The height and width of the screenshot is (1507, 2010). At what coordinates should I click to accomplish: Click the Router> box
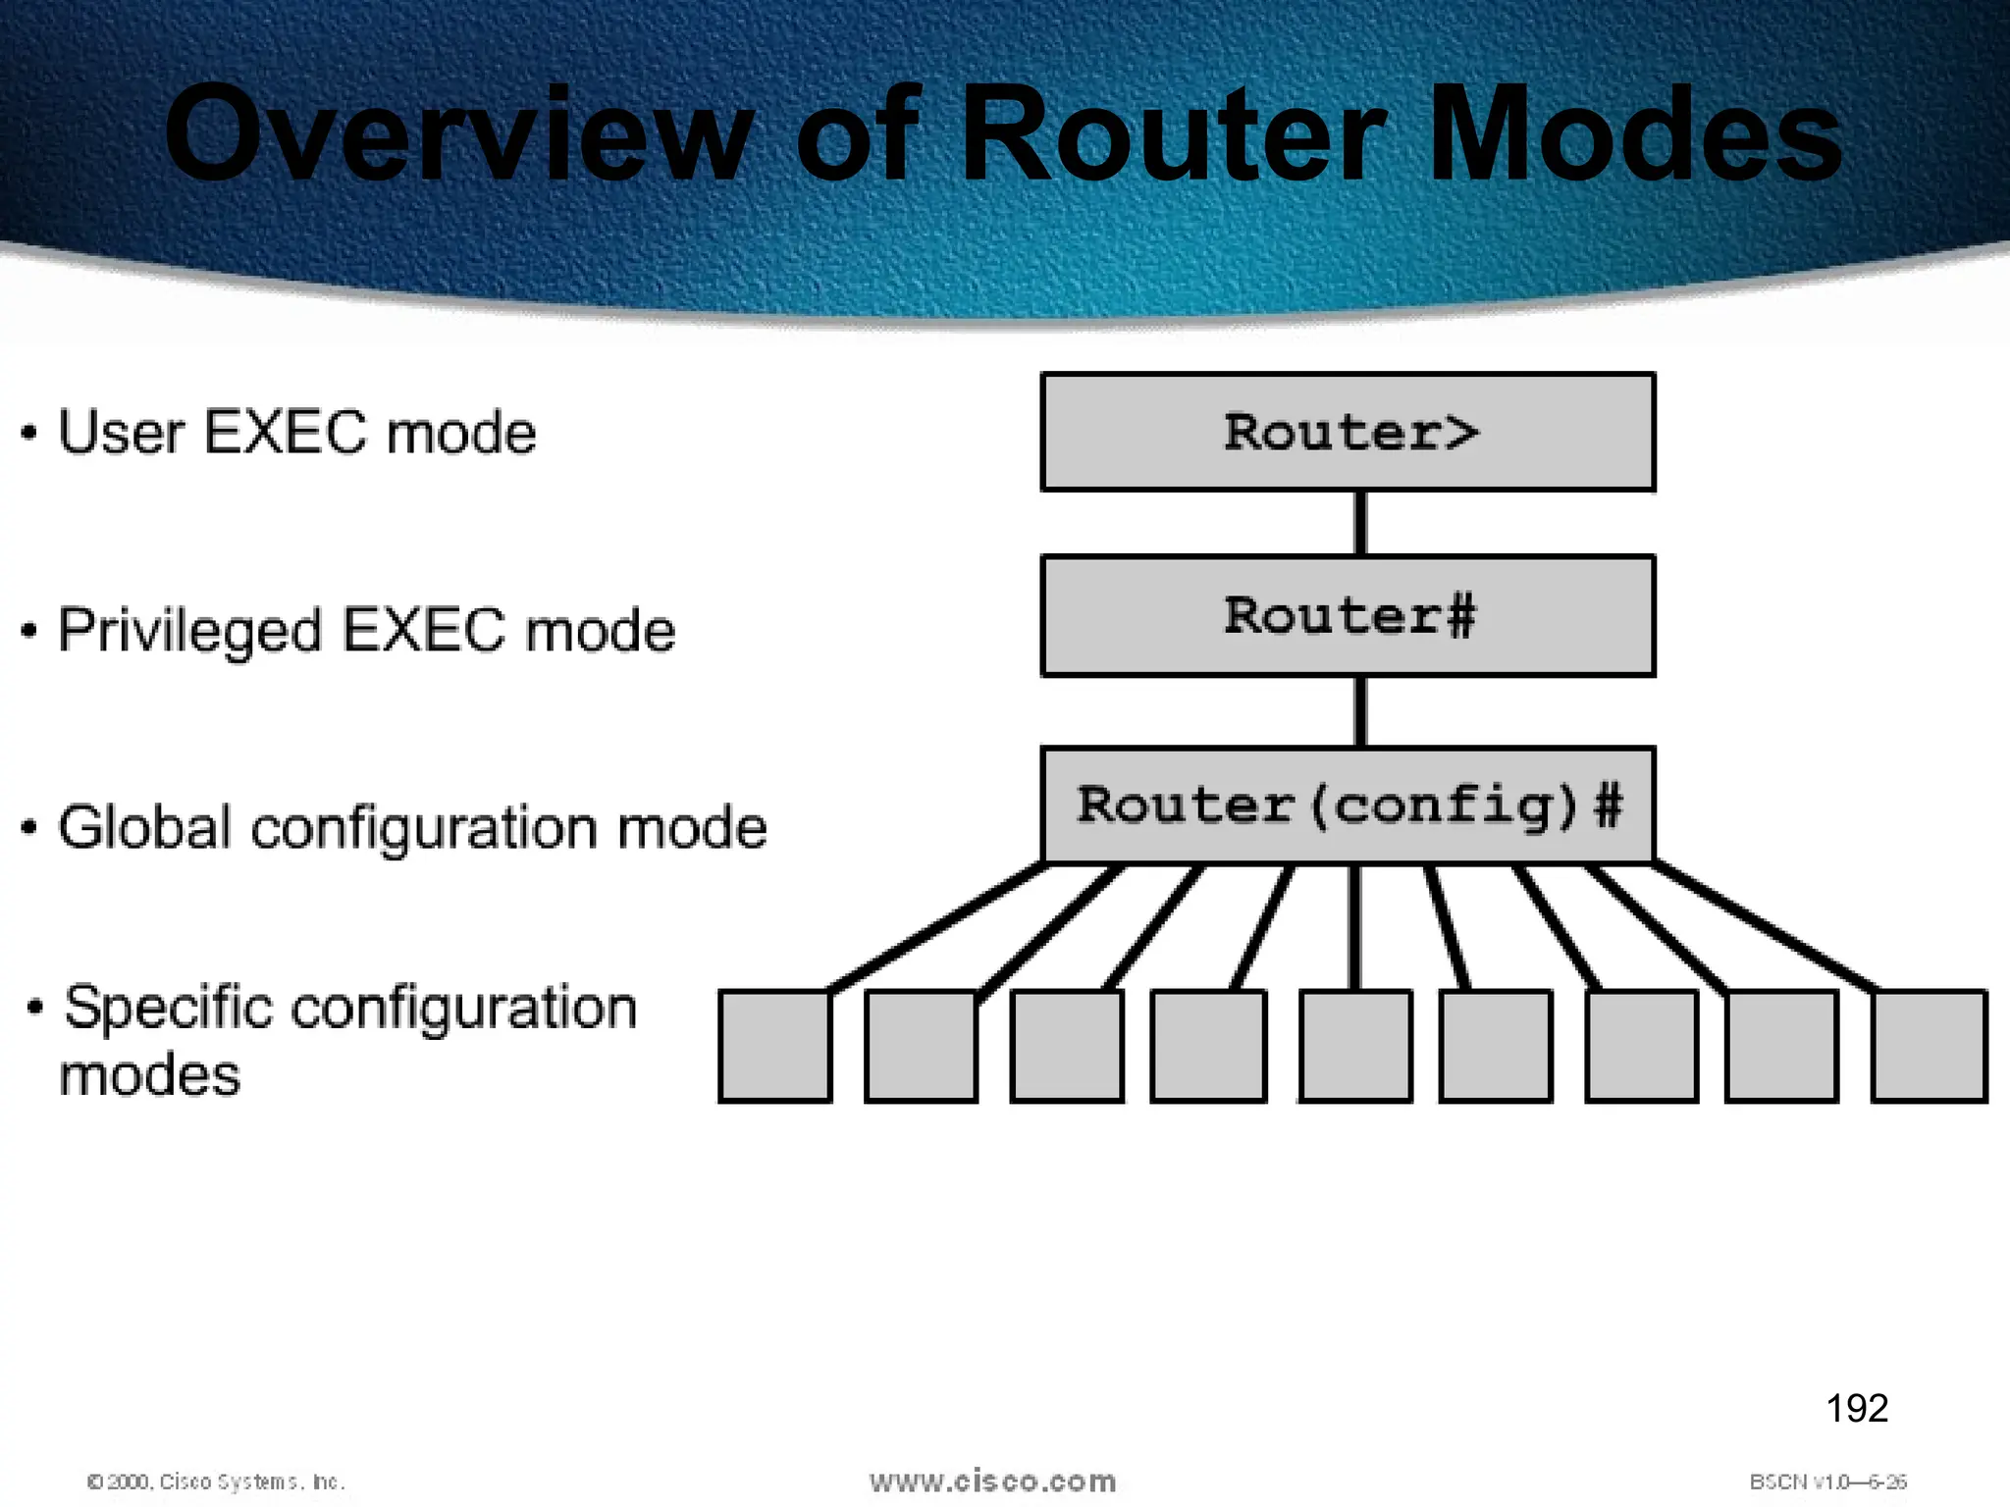[x=1348, y=432]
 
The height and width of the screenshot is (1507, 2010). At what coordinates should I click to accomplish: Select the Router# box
[x=1348, y=616]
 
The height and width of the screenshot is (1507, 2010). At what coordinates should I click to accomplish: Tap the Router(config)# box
[x=1348, y=805]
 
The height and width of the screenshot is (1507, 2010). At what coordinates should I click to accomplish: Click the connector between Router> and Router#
[x=1360, y=523]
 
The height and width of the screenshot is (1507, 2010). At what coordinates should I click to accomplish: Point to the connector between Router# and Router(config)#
[x=1360, y=711]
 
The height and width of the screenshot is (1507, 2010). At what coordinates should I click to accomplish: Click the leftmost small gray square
[x=774, y=1046]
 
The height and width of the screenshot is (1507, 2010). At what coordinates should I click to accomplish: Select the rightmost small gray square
[x=1929, y=1046]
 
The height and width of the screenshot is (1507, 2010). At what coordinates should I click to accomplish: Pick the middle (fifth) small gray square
[x=1355, y=1046]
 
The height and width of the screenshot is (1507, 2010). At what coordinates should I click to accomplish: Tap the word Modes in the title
[x=1634, y=134]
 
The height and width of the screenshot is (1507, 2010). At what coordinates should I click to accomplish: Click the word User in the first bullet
[x=121, y=433]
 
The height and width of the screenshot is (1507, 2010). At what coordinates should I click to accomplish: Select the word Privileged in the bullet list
[x=189, y=631]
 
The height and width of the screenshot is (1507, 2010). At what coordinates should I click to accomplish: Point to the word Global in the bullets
[x=145, y=827]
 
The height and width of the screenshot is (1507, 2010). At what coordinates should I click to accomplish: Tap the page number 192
[x=1857, y=1408]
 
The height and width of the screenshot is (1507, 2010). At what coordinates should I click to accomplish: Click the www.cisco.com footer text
[x=992, y=1481]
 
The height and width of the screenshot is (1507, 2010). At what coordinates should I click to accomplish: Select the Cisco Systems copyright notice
[x=216, y=1481]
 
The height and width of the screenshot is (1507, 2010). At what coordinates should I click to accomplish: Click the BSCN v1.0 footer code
[x=1827, y=1481]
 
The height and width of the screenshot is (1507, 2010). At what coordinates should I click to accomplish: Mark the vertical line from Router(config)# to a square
[x=1354, y=927]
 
